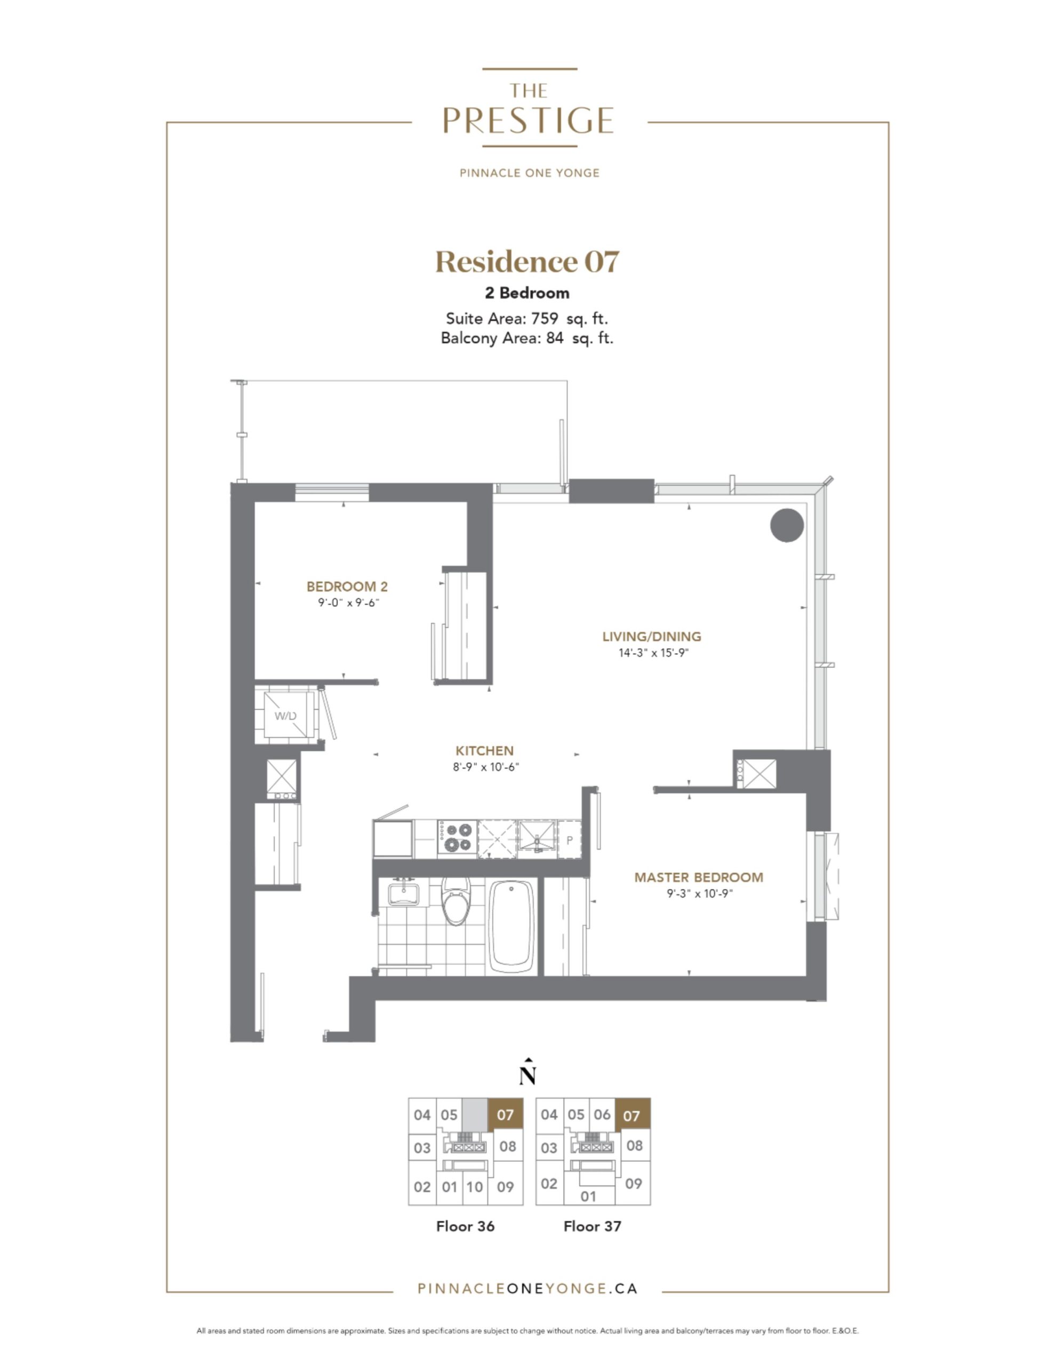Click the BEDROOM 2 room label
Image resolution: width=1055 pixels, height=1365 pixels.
pos(347,586)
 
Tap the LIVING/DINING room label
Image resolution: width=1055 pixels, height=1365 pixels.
pos(652,636)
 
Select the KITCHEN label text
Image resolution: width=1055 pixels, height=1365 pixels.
pos(485,751)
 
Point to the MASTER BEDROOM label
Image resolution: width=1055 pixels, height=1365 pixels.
pos(699,878)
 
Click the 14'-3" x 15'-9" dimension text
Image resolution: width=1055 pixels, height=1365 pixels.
pos(653,653)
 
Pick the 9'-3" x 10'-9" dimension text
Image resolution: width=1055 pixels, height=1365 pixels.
pos(700,894)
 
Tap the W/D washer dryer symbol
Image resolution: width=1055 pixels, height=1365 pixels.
pos(286,716)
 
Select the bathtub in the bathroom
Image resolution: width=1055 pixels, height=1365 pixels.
pos(511,926)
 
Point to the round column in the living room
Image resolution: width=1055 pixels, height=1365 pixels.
pos(786,525)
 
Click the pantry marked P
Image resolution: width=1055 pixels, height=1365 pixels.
pos(570,839)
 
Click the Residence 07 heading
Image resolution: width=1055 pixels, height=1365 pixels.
pos(527,262)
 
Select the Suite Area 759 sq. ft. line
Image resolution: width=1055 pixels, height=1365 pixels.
pos(526,319)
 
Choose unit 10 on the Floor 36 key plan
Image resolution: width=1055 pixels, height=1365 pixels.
pos(475,1187)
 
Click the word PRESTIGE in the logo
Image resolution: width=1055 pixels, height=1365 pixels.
pos(529,121)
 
